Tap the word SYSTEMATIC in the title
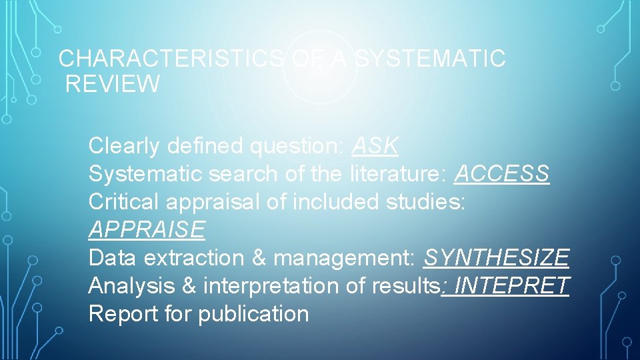coord(430,59)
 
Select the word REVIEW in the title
coord(113,85)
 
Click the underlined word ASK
coord(375,145)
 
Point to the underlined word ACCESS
coord(501,174)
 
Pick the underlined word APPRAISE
coord(147,230)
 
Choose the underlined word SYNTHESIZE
coord(497,257)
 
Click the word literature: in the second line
coord(398,174)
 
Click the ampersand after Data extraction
coord(259,257)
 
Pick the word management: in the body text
coord(345,257)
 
